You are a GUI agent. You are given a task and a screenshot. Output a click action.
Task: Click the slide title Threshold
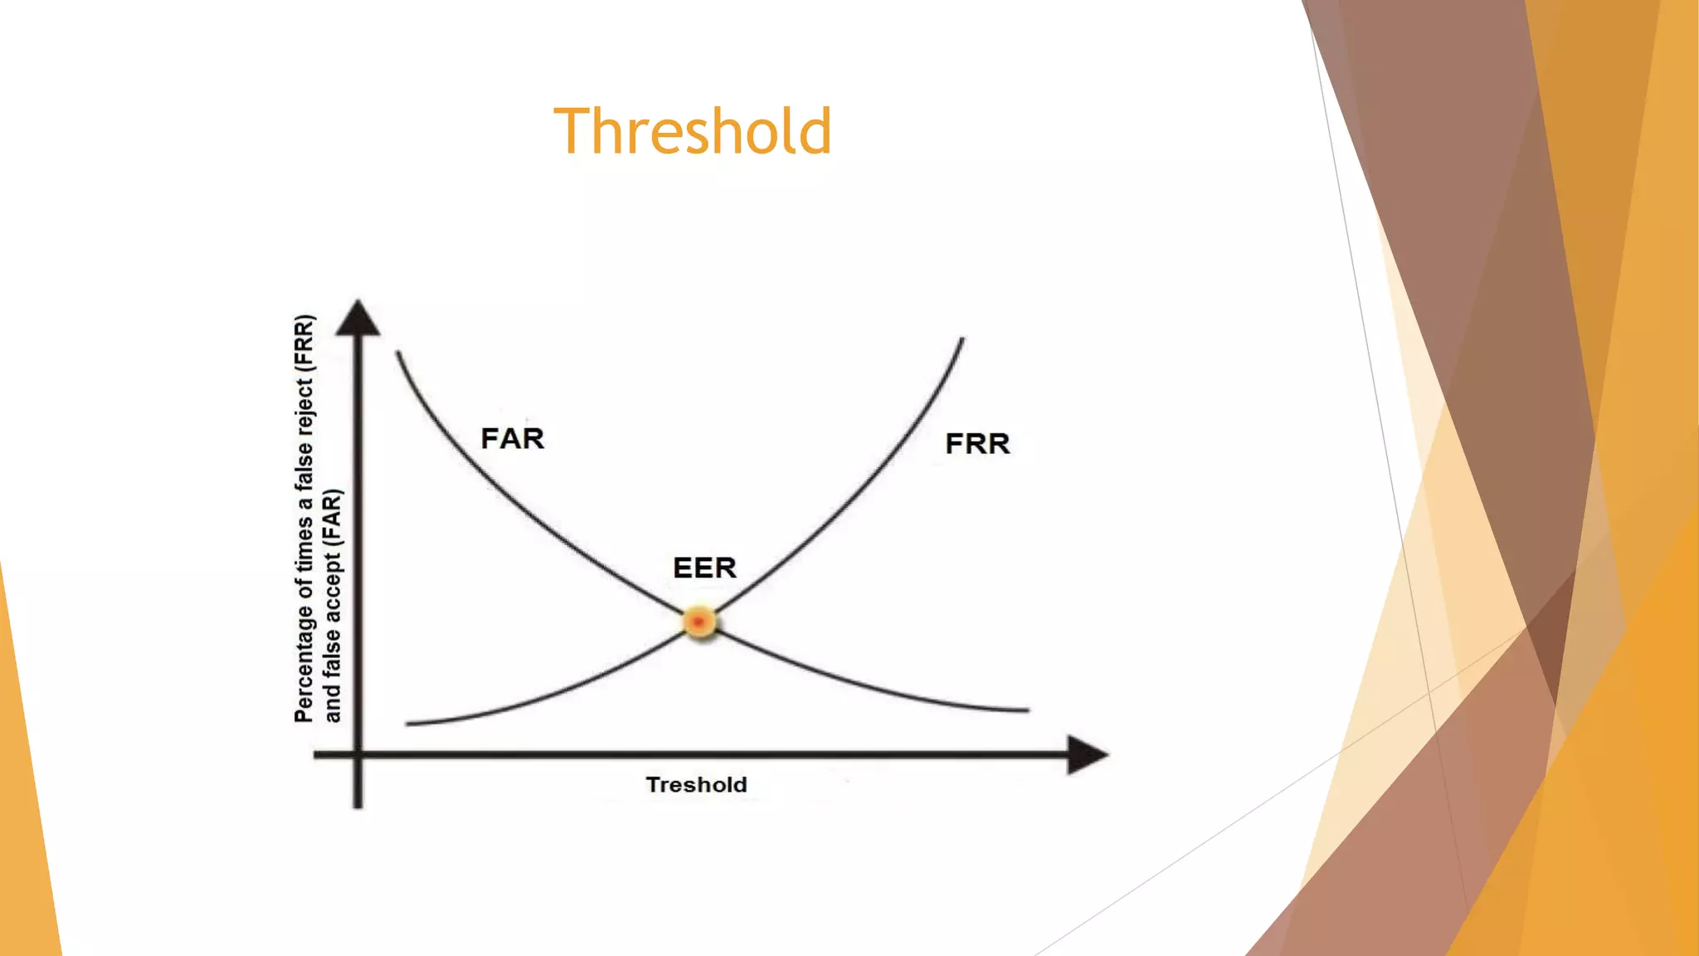click(693, 131)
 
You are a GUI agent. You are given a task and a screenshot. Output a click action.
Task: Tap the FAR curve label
click(513, 438)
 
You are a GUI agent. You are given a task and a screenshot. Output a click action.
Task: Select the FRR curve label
click(977, 443)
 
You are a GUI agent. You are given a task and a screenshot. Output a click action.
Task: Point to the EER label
click(704, 568)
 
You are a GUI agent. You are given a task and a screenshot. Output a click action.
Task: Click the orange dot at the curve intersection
click(699, 622)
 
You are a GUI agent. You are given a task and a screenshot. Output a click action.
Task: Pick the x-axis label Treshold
click(697, 784)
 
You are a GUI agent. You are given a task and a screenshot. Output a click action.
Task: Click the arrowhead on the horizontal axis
click(1087, 754)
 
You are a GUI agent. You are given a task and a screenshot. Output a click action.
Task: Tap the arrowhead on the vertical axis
click(358, 319)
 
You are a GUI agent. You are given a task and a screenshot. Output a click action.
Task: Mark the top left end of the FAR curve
click(399, 354)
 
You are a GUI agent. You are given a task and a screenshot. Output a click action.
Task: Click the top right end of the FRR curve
click(961, 339)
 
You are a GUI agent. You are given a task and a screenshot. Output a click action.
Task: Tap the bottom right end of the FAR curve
click(1027, 710)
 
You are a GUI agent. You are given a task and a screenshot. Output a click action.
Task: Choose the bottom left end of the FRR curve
click(407, 724)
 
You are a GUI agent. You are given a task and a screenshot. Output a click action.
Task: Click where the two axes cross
click(358, 754)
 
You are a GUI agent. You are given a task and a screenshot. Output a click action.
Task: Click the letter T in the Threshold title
click(572, 131)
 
